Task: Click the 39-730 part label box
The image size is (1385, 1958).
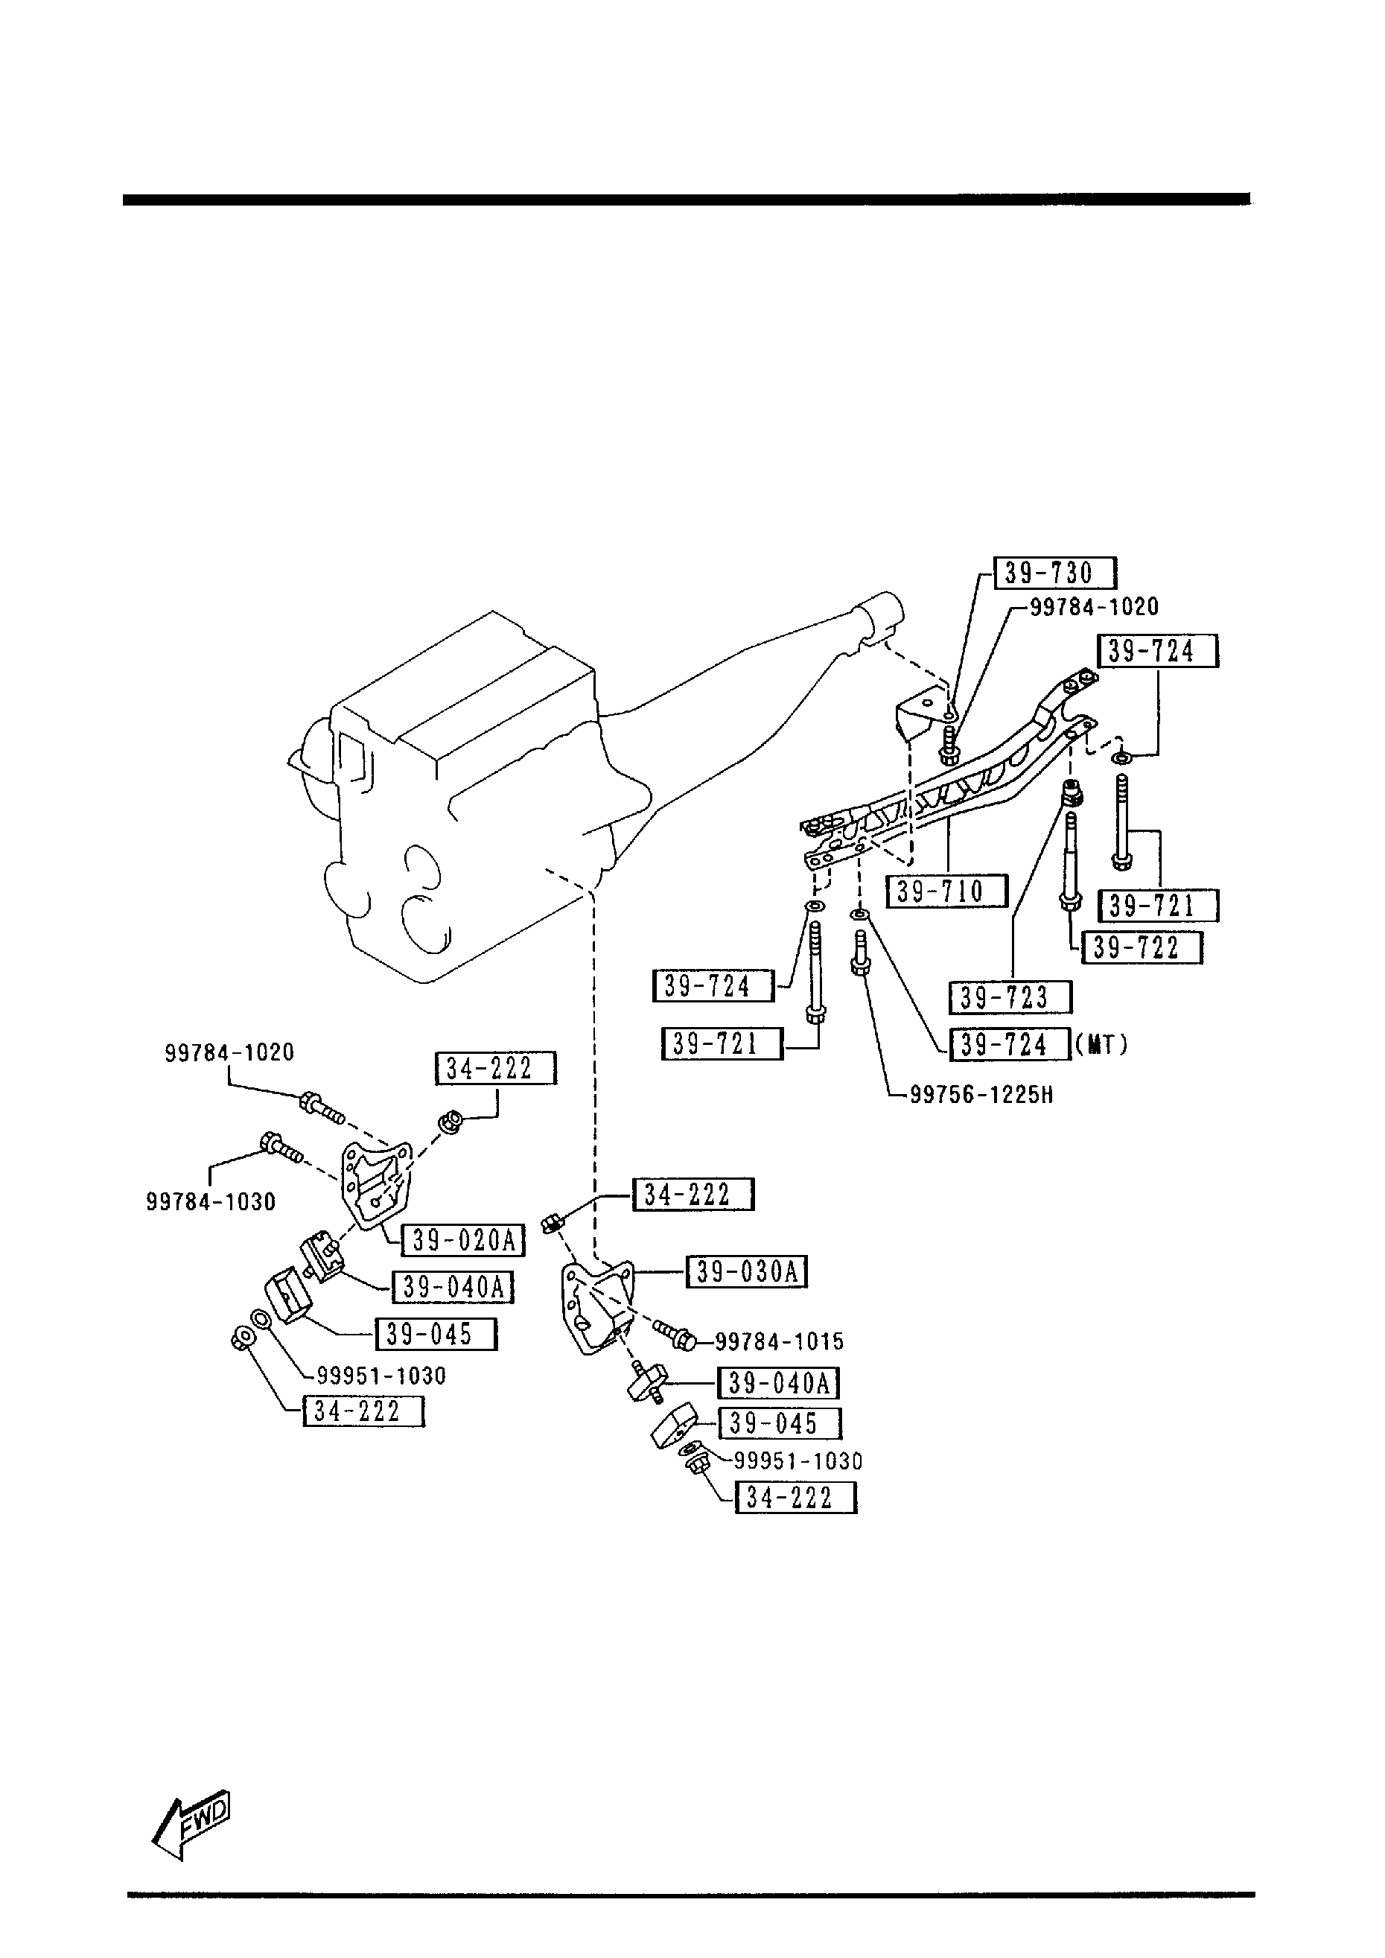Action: [1055, 573]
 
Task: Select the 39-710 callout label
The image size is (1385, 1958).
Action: [946, 892]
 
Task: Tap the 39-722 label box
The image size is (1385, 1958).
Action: [1142, 947]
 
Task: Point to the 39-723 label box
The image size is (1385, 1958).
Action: [1010, 997]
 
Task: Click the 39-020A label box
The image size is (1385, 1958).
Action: [463, 1240]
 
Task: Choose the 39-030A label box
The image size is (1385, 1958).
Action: [747, 1271]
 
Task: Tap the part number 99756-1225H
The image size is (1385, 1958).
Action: [981, 1094]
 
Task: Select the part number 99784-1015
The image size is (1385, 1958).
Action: [779, 1341]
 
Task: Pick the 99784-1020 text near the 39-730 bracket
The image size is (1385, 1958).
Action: [1094, 607]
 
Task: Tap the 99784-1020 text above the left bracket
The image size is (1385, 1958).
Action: [229, 1052]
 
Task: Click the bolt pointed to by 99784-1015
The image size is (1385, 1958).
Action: [674, 1336]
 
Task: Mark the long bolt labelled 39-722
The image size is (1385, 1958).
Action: [1070, 861]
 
